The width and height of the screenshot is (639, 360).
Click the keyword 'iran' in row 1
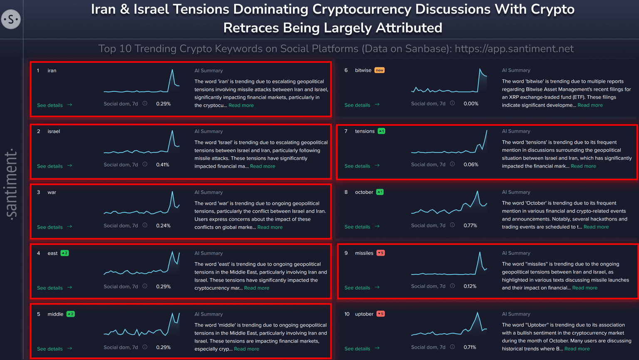[52, 71]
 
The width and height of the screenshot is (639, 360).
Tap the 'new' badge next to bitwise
[379, 70]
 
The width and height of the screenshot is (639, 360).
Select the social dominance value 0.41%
[163, 165]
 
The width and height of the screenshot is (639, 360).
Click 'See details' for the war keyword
[50, 227]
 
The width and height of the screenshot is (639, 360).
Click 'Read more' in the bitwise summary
[590, 105]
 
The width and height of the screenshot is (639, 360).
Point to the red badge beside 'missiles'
[380, 253]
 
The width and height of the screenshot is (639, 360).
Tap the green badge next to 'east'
[64, 253]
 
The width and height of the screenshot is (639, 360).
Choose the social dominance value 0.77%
[470, 225]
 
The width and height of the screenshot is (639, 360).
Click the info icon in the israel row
[145, 165]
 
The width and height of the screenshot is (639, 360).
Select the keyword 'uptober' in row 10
[364, 314]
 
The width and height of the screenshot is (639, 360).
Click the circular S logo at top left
[11, 19]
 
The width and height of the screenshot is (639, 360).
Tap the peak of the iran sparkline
[172, 70]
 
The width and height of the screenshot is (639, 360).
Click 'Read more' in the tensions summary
[583, 166]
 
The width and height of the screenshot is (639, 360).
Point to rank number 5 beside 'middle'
[39, 314]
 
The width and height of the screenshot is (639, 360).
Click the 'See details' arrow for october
[377, 227]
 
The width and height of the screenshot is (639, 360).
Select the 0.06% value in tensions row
[471, 165]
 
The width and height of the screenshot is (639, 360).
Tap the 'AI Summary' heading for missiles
[516, 253]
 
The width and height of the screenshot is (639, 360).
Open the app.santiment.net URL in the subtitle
[514, 49]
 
